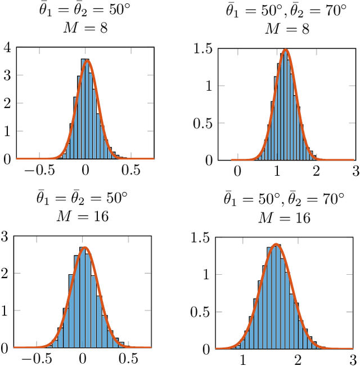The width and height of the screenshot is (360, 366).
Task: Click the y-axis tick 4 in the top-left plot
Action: tap(6, 48)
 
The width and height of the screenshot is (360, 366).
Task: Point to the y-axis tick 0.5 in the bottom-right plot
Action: tap(203, 312)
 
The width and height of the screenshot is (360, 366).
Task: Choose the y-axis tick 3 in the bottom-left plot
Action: tap(6, 237)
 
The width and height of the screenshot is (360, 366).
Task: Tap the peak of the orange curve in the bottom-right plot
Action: tap(276, 244)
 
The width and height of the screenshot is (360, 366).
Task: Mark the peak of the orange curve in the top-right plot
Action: tap(286, 50)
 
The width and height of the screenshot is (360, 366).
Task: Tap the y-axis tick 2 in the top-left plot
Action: tap(6, 104)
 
